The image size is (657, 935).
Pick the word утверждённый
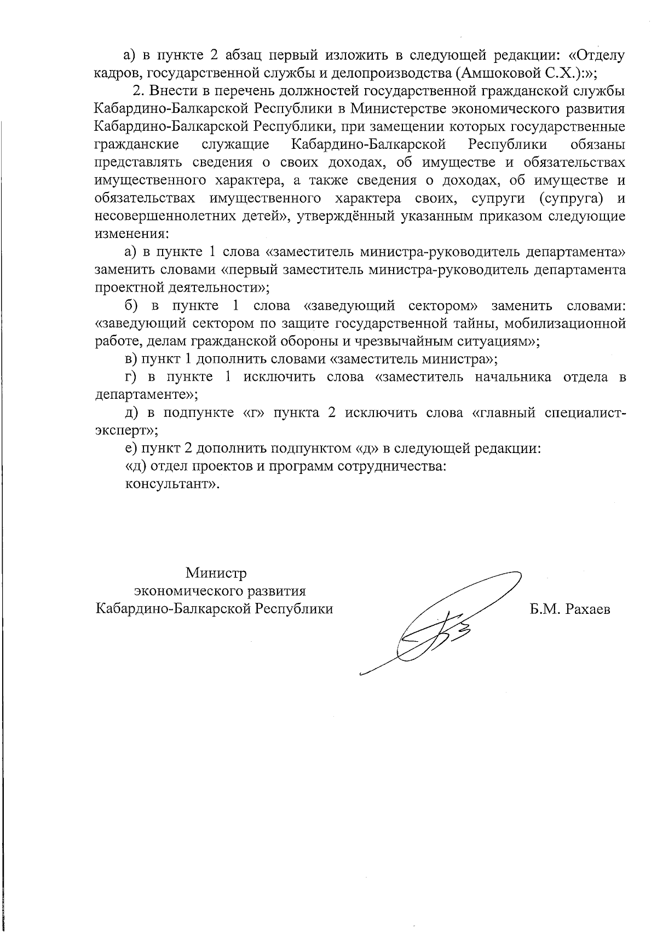(x=345, y=216)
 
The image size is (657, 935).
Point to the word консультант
(x=169, y=484)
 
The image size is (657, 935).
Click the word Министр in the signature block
(x=216, y=573)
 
